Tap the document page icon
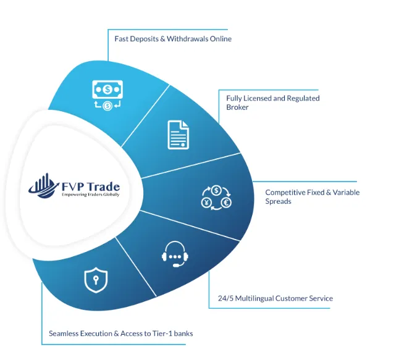178,135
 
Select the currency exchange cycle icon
216,198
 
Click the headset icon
175,254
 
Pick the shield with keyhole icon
96,280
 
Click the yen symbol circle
206,203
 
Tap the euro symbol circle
226,203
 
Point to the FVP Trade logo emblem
43,186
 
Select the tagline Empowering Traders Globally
91,195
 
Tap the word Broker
237,107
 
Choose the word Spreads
278,201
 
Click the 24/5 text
225,298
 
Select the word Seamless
64,333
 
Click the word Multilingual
254,298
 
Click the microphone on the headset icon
178,264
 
